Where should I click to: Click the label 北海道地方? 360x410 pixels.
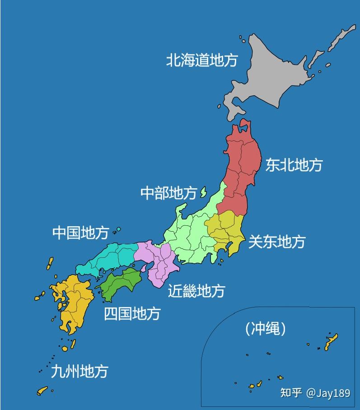[x=201, y=60]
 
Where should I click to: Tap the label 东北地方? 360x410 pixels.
[x=294, y=164]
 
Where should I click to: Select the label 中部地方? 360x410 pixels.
[x=168, y=193]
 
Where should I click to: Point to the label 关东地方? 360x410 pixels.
[x=276, y=242]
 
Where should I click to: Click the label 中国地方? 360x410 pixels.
[x=80, y=233]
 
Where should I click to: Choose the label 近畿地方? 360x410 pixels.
[x=196, y=290]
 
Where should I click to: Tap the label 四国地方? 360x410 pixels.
[x=132, y=313]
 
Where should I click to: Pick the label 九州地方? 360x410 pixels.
[x=79, y=371]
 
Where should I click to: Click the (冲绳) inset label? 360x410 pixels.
[x=266, y=328]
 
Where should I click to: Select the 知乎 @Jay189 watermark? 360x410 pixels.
[x=315, y=393]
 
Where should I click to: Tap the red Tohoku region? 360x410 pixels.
[x=242, y=167]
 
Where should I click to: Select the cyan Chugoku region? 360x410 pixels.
[x=111, y=257]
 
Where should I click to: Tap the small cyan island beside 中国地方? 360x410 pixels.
[x=118, y=229]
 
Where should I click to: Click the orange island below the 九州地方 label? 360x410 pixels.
[x=42, y=390]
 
